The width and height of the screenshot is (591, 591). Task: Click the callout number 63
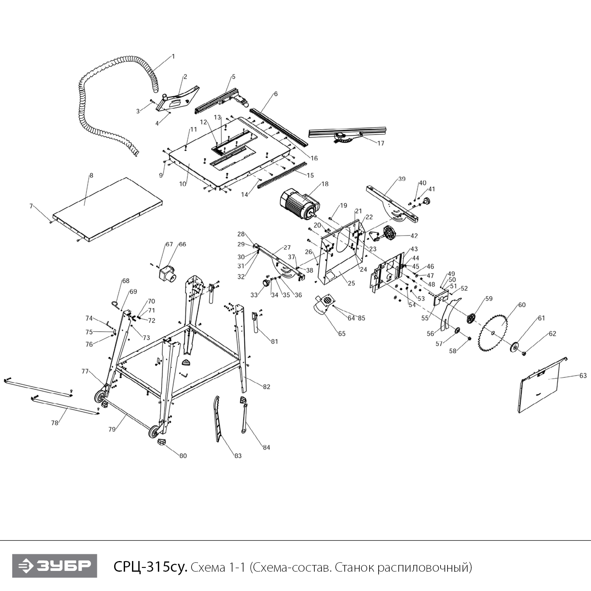(x=583, y=375)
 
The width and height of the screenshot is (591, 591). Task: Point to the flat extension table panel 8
(x=108, y=209)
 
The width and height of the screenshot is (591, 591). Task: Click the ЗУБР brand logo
(x=54, y=566)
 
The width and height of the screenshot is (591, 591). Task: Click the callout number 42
(x=414, y=236)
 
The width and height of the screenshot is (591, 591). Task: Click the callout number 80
(x=183, y=456)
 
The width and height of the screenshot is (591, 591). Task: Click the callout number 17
(x=381, y=143)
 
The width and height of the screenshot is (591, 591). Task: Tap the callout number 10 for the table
(x=182, y=184)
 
